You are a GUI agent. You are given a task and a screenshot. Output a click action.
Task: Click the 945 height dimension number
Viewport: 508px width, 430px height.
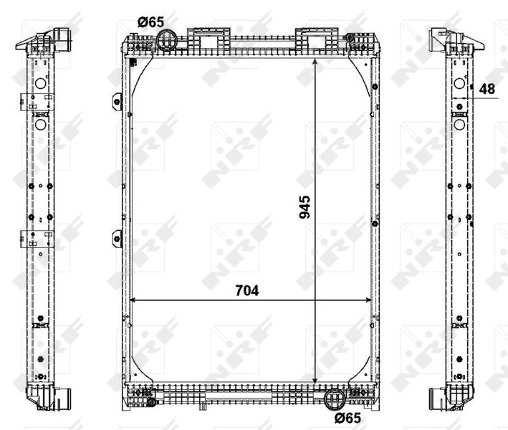(x=304, y=207)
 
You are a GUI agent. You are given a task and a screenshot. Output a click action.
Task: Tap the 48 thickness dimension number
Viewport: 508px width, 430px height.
(x=487, y=88)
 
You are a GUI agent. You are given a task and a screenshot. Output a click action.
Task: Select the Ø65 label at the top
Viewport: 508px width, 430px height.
(x=151, y=22)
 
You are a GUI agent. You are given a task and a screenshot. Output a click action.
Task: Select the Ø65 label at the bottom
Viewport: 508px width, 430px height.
(x=347, y=417)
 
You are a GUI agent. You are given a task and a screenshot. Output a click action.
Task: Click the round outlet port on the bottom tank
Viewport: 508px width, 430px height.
(x=334, y=398)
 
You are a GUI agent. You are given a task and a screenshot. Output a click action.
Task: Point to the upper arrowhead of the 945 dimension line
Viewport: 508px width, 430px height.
(x=316, y=62)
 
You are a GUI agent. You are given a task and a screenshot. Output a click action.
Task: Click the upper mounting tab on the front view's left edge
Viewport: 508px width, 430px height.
(x=117, y=102)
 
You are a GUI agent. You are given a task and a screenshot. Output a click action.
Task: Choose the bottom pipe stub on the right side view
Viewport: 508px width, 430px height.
(x=434, y=398)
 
